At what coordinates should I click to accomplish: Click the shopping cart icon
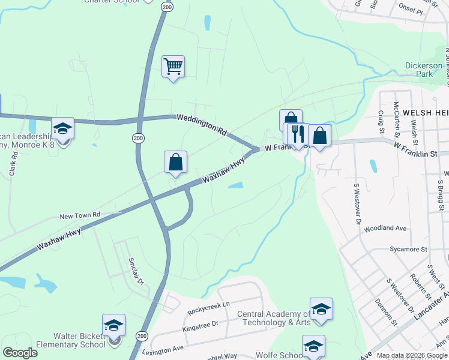tap(173, 67)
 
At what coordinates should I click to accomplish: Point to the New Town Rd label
tap(79, 215)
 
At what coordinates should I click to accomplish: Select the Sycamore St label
tap(408, 248)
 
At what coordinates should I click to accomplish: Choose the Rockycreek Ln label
tap(209, 305)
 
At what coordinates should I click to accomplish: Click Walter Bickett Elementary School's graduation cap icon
tap(113, 326)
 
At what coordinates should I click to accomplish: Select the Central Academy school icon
tap(321, 309)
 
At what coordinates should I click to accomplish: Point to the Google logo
tap(20, 353)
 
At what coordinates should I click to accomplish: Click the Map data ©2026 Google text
tap(412, 355)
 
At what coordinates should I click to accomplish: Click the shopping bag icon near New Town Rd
tap(175, 162)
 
